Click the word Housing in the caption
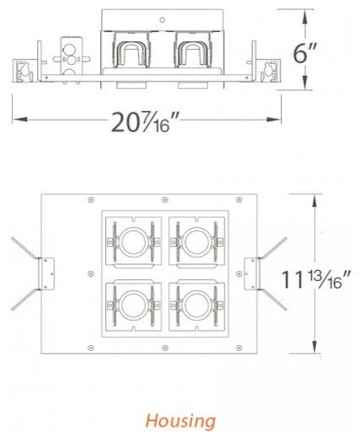[x=179, y=420]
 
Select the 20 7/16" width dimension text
[x=146, y=123]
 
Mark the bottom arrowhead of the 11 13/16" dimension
[x=314, y=351]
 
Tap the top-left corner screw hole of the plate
[x=53, y=199]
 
